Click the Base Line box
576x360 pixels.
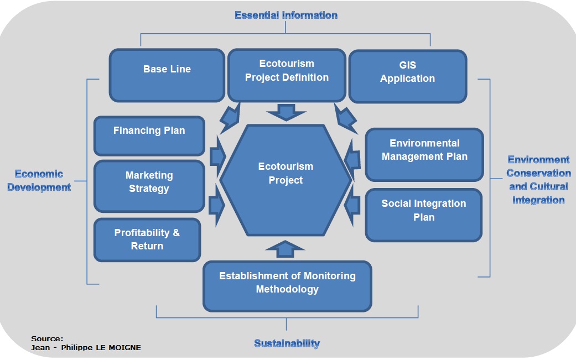[167, 75]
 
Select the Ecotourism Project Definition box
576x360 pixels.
[287, 75]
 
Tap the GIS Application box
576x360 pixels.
[407, 76]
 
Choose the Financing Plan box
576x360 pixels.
[149, 135]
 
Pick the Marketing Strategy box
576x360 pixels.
[149, 186]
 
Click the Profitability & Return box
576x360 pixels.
[147, 239]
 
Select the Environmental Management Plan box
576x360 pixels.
[424, 154]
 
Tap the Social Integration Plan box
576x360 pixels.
[423, 215]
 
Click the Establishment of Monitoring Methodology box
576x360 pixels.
[287, 286]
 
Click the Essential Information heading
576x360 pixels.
[286, 15]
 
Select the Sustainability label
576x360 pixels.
[287, 343]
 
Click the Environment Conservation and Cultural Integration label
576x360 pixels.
[538, 180]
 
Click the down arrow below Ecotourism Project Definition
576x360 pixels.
[286, 113]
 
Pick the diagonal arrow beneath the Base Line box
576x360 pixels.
[229, 118]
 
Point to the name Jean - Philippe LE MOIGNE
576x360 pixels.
[86, 347]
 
